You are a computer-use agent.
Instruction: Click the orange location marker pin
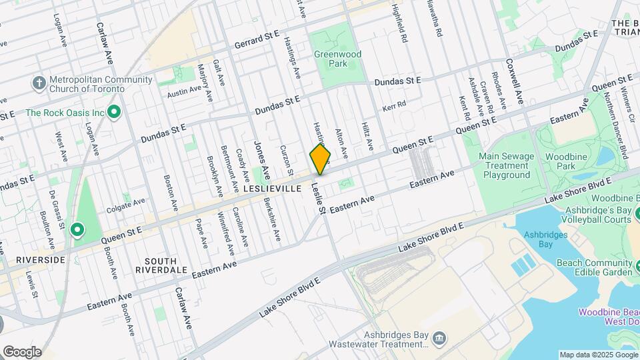[x=320, y=159]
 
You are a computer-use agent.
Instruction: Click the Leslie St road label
[x=317, y=199]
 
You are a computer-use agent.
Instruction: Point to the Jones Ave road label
[x=260, y=159]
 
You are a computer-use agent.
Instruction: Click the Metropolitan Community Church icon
[x=39, y=84]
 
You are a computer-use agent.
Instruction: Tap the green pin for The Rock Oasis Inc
[x=114, y=113]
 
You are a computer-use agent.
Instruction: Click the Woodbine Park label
[x=575, y=160]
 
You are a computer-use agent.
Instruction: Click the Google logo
[x=22, y=351]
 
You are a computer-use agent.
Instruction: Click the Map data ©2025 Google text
[x=598, y=355]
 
